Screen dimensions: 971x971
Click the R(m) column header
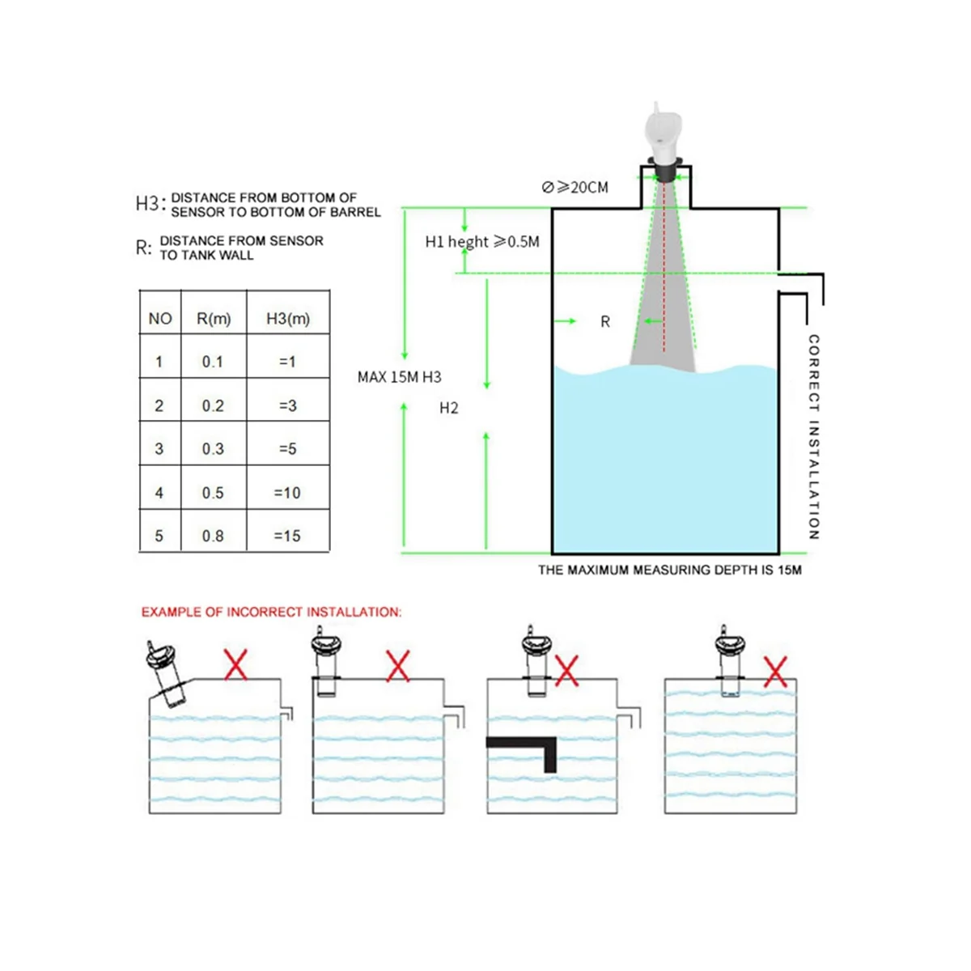point(214,319)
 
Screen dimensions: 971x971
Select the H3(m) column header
point(288,319)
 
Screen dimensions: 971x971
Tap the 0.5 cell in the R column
point(213,493)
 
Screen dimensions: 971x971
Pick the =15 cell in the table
point(287,536)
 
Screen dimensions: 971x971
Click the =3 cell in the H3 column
point(288,405)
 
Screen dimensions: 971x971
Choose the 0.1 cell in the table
point(213,362)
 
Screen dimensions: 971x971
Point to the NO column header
point(160,319)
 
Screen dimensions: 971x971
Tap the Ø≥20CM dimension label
point(575,188)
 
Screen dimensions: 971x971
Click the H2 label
point(449,408)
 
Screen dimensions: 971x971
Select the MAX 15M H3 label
point(399,377)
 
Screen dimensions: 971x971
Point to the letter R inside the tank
point(605,322)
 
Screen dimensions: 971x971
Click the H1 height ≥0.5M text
point(482,242)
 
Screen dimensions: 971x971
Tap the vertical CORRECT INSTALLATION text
point(814,437)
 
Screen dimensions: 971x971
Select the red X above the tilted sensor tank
point(235,664)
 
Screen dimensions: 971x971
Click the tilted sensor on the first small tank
point(167,673)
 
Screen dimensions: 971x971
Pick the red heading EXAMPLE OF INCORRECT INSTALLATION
point(272,613)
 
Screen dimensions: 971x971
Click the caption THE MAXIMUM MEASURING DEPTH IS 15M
point(670,570)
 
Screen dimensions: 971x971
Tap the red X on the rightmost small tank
point(775,672)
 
